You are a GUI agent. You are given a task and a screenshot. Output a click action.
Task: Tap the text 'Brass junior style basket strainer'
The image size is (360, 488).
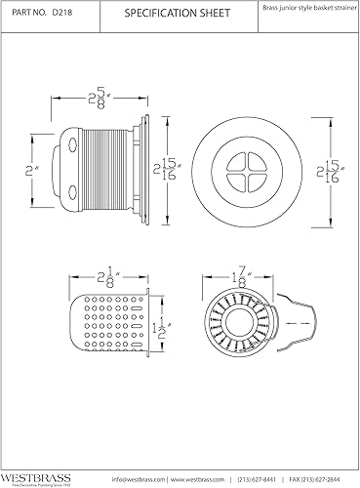point(307,8)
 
